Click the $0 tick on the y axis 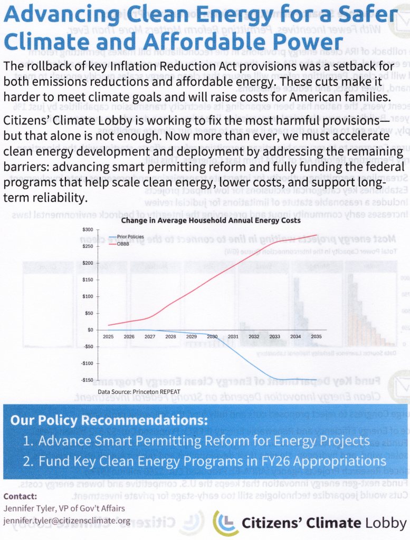pyautogui.click(x=90, y=330)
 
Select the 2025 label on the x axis pyautogui.click(x=108, y=336)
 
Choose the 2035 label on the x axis pyautogui.click(x=317, y=336)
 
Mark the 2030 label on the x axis pyautogui.click(x=213, y=336)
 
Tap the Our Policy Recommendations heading pyautogui.click(x=109, y=421)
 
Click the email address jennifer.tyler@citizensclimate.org pyautogui.click(x=66, y=520)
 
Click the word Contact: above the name pyautogui.click(x=21, y=496)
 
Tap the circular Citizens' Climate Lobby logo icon pyautogui.click(x=225, y=523)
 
